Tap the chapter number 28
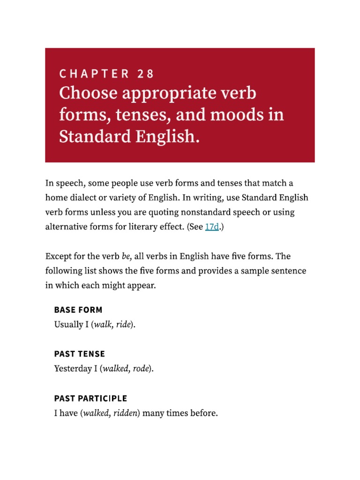146,74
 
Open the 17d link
212,226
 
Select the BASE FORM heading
78,310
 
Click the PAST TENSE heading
80,354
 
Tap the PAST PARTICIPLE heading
90,398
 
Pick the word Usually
68,324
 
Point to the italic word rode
141,369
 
